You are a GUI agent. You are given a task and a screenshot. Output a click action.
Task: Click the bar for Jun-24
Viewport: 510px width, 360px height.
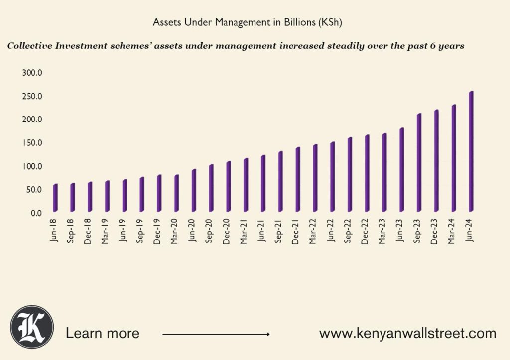pyautogui.click(x=471, y=151)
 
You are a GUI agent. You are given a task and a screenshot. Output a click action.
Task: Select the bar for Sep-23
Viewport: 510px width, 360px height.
pyautogui.click(x=419, y=162)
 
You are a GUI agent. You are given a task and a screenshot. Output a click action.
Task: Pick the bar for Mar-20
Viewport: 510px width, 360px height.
pyautogui.click(x=176, y=193)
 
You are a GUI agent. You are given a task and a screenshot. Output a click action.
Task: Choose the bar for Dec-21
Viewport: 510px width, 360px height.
pyautogui.click(x=297, y=179)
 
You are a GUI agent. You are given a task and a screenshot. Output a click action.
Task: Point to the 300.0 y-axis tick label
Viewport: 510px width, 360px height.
pyautogui.click(x=32, y=73)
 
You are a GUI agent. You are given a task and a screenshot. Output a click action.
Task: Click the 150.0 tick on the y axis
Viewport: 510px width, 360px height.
pyautogui.click(x=32, y=143)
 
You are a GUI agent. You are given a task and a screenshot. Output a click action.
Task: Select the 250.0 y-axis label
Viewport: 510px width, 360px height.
pyautogui.click(x=32, y=96)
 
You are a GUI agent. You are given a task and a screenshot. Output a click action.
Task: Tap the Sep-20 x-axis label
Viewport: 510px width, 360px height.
pyautogui.click(x=210, y=231)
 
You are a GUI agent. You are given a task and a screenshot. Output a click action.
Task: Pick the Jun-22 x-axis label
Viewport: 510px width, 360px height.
pyautogui.click(x=331, y=230)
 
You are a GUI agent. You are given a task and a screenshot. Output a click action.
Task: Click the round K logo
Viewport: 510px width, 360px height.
pyautogui.click(x=32, y=327)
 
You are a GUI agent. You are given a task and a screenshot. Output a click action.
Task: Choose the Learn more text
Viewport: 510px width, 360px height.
pyautogui.click(x=103, y=333)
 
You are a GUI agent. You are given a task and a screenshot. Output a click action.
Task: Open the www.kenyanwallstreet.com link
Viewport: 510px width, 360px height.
pyautogui.click(x=407, y=333)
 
